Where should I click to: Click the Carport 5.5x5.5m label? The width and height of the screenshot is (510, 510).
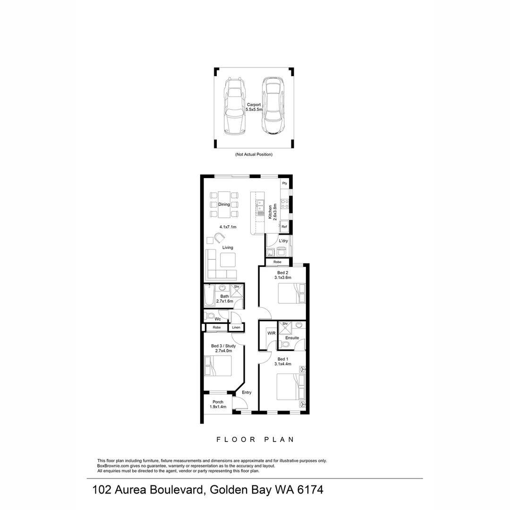coord(254,107)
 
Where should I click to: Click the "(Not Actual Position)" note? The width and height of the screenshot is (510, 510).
coord(254,154)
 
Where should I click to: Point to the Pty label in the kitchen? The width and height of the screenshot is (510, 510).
coord(284,183)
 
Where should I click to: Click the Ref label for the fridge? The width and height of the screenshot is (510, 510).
coord(284,227)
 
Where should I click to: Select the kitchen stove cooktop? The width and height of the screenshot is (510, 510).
coord(285,204)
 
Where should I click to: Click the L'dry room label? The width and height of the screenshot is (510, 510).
coord(283,241)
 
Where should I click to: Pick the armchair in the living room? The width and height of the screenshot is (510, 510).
coord(221,237)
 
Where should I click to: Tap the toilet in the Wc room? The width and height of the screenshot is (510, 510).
coord(210,315)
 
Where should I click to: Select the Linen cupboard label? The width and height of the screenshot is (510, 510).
coord(236,327)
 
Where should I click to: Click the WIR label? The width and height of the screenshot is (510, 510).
coord(271,333)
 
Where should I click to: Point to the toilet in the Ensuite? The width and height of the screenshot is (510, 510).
coord(285,344)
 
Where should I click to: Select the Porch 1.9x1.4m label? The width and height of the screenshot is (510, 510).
coord(218,404)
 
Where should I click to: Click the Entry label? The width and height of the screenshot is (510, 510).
coord(246,392)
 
